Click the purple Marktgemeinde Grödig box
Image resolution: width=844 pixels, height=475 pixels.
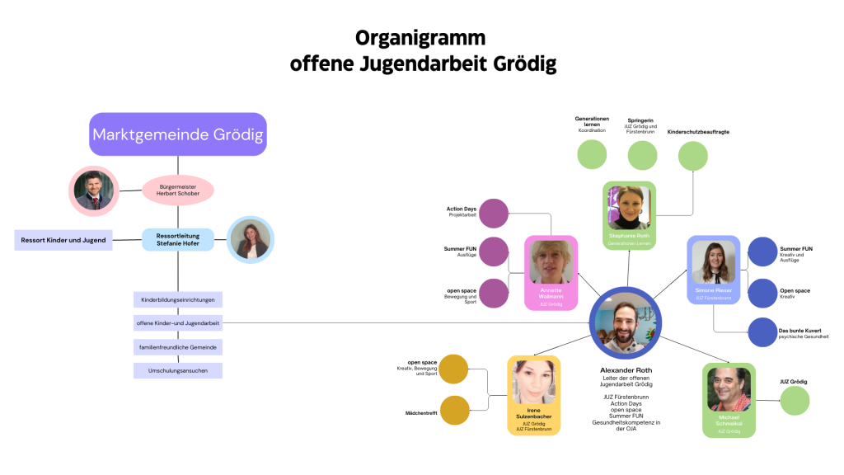[x=178, y=134]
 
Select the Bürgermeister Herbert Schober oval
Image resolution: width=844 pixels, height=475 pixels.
[x=178, y=189]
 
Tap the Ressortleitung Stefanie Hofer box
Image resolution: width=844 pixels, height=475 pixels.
[x=178, y=239]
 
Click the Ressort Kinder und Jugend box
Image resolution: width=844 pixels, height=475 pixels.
[x=63, y=240]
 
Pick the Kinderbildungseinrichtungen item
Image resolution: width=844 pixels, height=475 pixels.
[x=178, y=300]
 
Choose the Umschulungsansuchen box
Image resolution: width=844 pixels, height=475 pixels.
[x=178, y=371]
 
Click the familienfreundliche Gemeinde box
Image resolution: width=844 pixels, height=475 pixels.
[x=178, y=347]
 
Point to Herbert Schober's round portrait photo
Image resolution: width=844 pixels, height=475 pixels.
[x=93, y=190]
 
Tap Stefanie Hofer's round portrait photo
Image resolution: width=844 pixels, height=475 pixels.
[x=249, y=240]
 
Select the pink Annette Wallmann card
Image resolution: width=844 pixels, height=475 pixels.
[x=551, y=272]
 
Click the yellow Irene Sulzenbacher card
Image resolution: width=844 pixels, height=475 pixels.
[x=533, y=395]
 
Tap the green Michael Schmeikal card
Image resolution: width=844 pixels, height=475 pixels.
[x=729, y=399]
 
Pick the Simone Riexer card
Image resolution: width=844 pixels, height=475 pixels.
[x=714, y=269]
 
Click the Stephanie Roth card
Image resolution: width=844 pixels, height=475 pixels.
[x=629, y=214]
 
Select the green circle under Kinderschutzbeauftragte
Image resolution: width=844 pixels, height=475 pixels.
[x=692, y=155]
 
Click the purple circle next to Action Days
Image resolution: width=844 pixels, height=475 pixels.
[x=494, y=213]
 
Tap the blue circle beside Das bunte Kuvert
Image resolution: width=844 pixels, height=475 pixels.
[x=762, y=332]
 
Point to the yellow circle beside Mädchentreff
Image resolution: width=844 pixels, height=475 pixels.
[x=454, y=409]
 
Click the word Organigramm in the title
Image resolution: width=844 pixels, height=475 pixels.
[x=420, y=38]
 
